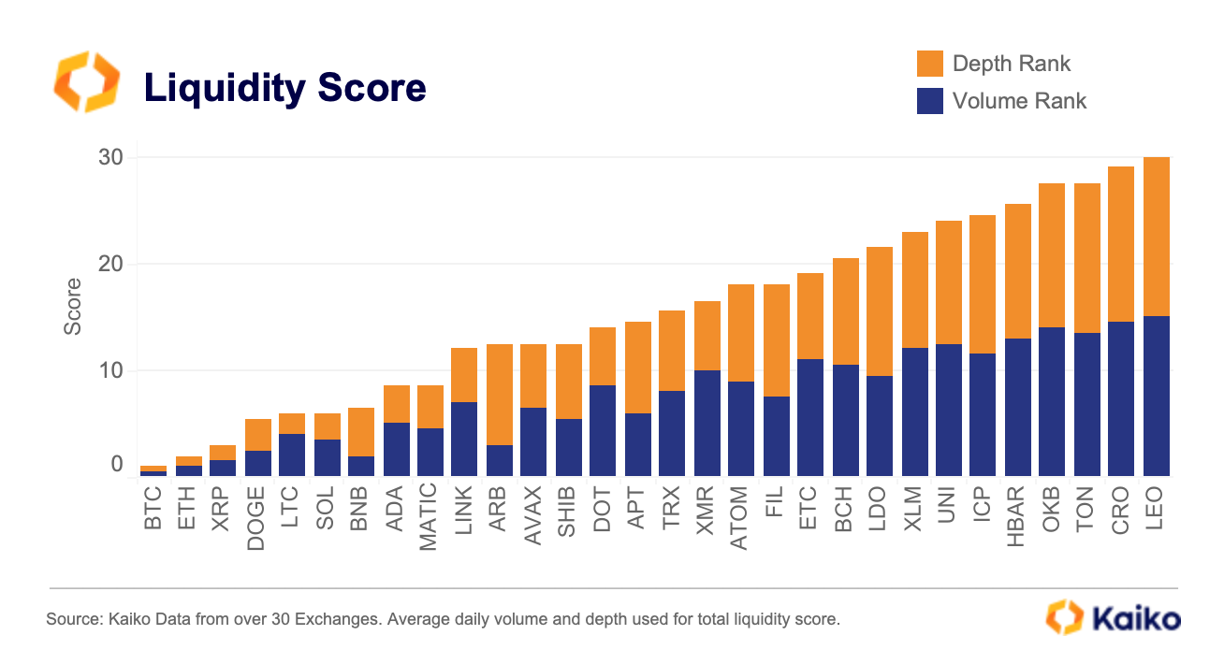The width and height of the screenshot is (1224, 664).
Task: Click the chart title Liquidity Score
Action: (x=284, y=88)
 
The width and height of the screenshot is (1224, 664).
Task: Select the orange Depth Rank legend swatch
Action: (x=929, y=64)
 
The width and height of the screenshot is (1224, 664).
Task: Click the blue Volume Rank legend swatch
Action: (x=929, y=101)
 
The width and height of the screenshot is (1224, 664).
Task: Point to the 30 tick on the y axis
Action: (x=110, y=157)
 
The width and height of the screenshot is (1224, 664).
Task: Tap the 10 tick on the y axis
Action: (x=110, y=370)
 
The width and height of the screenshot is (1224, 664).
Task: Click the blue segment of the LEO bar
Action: (x=1156, y=396)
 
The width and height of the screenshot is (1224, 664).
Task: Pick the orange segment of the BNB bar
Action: (x=360, y=432)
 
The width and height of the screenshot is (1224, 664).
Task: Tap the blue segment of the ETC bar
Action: (x=810, y=417)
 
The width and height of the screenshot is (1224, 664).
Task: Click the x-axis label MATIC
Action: (x=429, y=516)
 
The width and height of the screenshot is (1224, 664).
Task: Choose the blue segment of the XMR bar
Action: (x=707, y=423)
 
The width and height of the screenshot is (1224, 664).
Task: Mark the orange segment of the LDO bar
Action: (x=879, y=311)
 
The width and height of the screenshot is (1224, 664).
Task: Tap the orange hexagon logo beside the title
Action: (x=86, y=82)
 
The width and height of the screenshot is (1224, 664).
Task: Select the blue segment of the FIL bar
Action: (x=776, y=436)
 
